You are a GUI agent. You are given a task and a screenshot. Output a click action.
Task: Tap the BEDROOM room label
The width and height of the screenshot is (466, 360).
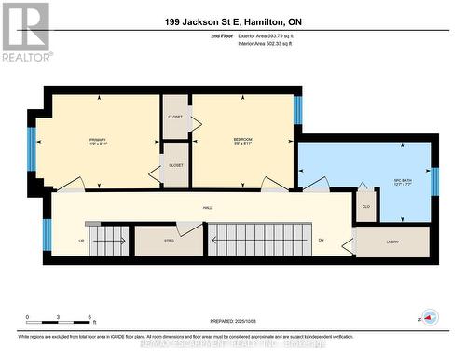point(242,141)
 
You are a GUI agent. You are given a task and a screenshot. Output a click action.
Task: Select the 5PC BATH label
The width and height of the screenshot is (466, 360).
point(404,182)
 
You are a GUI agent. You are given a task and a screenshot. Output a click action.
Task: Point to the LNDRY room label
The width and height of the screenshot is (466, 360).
point(391,242)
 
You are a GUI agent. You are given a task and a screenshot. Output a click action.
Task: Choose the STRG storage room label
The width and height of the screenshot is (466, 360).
point(169,241)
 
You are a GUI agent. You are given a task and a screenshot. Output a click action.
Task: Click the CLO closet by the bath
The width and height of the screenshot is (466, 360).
point(365,206)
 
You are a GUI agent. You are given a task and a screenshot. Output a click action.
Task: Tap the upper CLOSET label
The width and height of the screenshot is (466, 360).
point(175,118)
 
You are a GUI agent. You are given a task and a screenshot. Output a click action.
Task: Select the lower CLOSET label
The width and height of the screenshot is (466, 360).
point(175,165)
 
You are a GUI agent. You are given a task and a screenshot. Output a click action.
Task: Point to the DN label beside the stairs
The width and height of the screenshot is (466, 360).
point(320,240)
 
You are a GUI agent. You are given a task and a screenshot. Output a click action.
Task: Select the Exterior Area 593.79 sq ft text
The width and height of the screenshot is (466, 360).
point(271,35)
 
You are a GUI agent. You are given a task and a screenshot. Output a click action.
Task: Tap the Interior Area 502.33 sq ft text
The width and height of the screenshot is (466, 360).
point(271,42)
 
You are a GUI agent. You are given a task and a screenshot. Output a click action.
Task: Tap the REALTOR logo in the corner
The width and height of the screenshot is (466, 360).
point(25,30)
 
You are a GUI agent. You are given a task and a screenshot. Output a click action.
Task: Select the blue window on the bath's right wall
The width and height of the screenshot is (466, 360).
point(435,181)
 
